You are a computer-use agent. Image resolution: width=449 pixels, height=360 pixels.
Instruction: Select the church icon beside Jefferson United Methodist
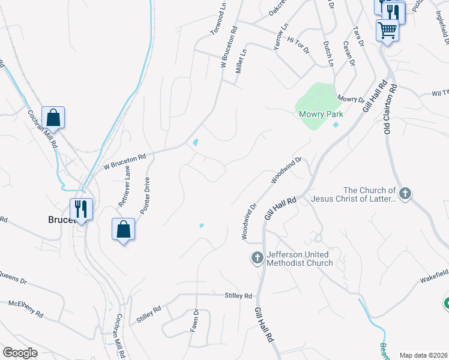click(257, 259)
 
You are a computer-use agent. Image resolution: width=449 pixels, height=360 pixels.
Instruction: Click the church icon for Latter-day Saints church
click(406, 194)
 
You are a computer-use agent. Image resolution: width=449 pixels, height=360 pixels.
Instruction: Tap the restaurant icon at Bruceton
click(81, 209)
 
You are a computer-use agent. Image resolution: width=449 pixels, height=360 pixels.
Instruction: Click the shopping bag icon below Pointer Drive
click(123, 229)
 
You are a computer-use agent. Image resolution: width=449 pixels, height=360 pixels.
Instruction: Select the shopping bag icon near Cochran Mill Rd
click(53, 118)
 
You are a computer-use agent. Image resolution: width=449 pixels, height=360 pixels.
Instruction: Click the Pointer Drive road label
click(145, 195)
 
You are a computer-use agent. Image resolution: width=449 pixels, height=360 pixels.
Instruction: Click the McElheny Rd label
click(25, 309)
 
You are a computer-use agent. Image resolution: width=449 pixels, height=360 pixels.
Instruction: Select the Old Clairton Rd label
click(390, 109)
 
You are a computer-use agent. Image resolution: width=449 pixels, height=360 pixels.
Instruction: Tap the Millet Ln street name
click(242, 61)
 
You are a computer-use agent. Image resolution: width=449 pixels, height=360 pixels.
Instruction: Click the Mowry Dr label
click(351, 98)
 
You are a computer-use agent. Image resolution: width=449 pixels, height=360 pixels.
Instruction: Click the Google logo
click(20, 353)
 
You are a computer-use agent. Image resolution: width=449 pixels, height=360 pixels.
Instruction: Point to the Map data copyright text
click(423, 355)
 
